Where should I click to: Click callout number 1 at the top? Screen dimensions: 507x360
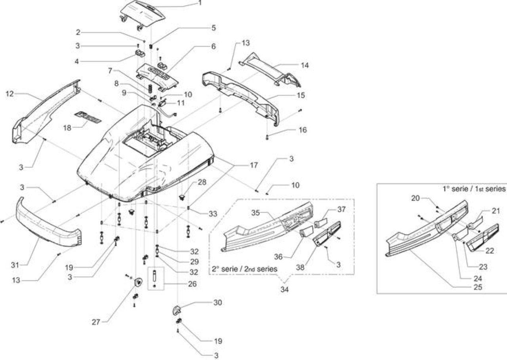point(200,3)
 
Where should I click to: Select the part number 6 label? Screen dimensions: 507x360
point(213,46)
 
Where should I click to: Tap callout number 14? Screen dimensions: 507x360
point(305,65)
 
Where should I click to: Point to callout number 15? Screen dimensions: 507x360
point(301,95)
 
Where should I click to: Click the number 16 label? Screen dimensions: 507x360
point(303,130)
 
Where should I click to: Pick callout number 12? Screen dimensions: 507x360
point(10,94)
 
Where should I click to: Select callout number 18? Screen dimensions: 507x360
point(67,128)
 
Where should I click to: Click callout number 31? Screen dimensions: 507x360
point(15,265)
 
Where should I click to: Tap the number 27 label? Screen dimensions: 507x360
point(96,322)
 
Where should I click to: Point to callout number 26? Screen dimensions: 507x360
point(192,284)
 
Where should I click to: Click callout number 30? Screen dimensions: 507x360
point(217,303)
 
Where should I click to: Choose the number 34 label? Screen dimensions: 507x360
point(284,290)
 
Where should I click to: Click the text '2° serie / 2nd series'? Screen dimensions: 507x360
point(244,269)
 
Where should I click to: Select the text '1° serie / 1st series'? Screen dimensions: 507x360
point(474,189)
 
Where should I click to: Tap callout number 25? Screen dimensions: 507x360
point(478,287)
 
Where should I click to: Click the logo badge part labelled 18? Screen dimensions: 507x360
point(88,117)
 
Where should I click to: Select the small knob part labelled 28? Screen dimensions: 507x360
point(181,197)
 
